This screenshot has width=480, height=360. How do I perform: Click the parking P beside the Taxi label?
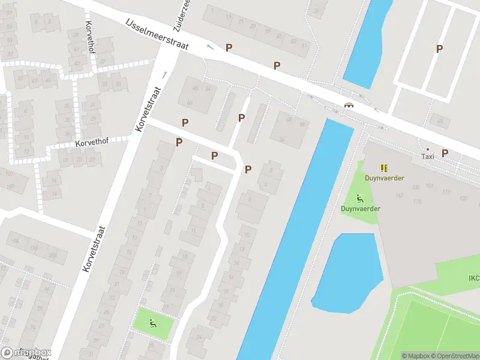[445, 153]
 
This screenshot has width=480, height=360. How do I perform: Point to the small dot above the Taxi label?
[427, 149]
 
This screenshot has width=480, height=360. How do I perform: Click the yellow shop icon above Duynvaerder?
[384, 168]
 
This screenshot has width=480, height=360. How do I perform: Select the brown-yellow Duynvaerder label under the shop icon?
[384, 178]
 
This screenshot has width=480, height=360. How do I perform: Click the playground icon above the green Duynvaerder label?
[359, 199]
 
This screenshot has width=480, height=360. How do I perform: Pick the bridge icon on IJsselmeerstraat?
[349, 105]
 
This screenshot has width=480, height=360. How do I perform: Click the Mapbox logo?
[26, 353]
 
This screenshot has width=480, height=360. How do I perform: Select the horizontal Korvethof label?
[92, 143]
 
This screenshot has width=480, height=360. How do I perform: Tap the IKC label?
[473, 278]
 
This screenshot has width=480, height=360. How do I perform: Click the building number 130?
[463, 198]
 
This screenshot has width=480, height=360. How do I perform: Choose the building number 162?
[400, 195]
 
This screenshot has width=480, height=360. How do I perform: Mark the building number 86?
[282, 139]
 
